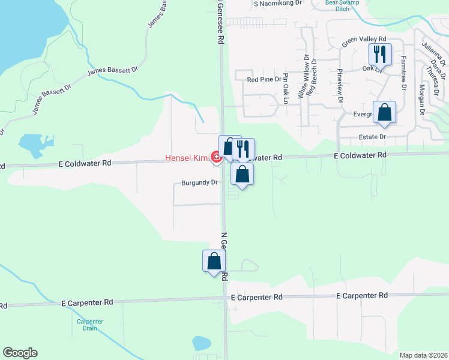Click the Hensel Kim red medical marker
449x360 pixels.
(x=215, y=157)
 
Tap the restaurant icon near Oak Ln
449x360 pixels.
(x=380, y=55)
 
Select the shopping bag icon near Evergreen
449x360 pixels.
(x=384, y=112)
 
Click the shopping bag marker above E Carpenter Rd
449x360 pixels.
(x=214, y=261)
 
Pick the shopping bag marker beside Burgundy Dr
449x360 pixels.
(x=242, y=174)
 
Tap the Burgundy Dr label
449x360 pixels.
(x=199, y=184)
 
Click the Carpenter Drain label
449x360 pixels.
(x=90, y=325)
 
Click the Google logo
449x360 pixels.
(x=20, y=353)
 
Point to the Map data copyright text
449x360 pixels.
(x=423, y=355)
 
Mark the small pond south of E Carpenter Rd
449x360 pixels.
(x=201, y=343)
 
